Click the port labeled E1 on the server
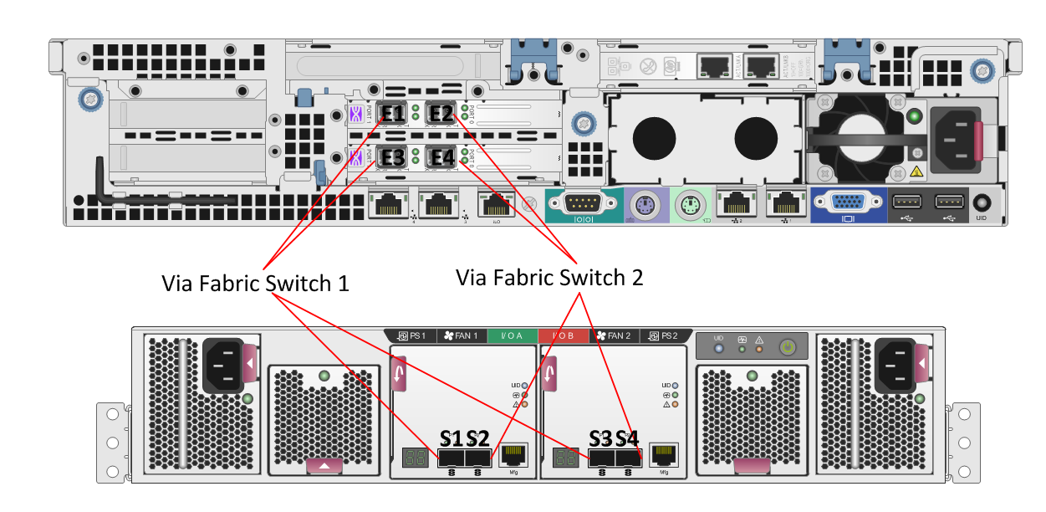pyautogui.click(x=392, y=113)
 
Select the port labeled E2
pyautogui.click(x=440, y=113)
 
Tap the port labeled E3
pyautogui.click(x=392, y=156)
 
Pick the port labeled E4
pyautogui.click(x=440, y=156)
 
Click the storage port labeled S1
pyautogui.click(x=451, y=458)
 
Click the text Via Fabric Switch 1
pyautogui.click(x=255, y=283)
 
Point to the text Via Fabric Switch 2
pyautogui.click(x=549, y=277)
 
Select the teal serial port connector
pyautogui.click(x=579, y=202)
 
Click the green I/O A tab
pyautogui.click(x=511, y=336)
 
